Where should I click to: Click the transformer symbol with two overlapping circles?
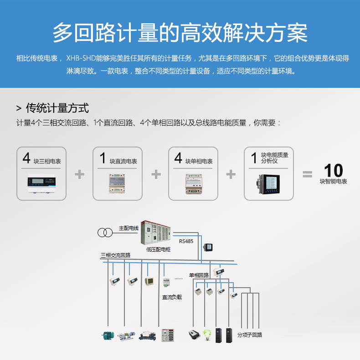click(x=105, y=233)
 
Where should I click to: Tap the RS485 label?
click(x=186, y=241)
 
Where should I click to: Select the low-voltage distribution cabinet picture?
click(x=156, y=233)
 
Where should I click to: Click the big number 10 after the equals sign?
click(x=333, y=170)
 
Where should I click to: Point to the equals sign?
click(x=307, y=174)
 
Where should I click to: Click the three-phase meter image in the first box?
click(x=41, y=183)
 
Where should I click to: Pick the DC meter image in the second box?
click(x=117, y=183)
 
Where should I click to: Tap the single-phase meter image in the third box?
click(x=194, y=184)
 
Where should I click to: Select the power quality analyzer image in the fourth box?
click(x=269, y=184)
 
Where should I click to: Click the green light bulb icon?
click(x=207, y=335)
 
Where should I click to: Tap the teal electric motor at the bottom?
click(x=108, y=336)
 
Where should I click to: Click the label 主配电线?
click(x=129, y=228)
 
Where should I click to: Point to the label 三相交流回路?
click(x=115, y=255)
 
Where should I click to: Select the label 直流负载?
click(x=172, y=297)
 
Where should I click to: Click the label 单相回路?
click(x=199, y=275)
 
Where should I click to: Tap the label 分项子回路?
click(x=250, y=335)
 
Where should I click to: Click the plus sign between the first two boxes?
click(x=80, y=174)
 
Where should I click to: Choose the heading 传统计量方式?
click(x=57, y=108)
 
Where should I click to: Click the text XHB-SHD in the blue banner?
click(x=81, y=58)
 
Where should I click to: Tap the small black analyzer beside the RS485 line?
click(x=208, y=247)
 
